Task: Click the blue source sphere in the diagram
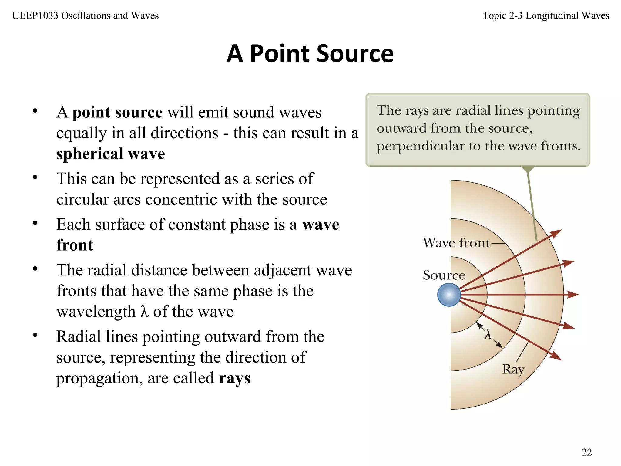click(x=449, y=295)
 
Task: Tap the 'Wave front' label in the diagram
click(x=456, y=243)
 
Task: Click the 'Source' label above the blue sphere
click(x=444, y=275)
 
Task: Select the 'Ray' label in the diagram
click(x=513, y=370)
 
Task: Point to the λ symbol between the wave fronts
click(x=488, y=335)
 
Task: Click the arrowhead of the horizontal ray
click(x=573, y=295)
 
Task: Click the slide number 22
click(x=587, y=452)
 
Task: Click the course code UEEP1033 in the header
click(x=35, y=15)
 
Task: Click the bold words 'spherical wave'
click(x=111, y=154)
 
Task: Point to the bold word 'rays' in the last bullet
click(x=234, y=378)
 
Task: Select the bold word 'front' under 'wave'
click(x=75, y=245)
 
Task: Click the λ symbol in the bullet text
click(x=145, y=311)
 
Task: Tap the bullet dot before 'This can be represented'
click(x=35, y=177)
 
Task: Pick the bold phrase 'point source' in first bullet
click(x=117, y=112)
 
